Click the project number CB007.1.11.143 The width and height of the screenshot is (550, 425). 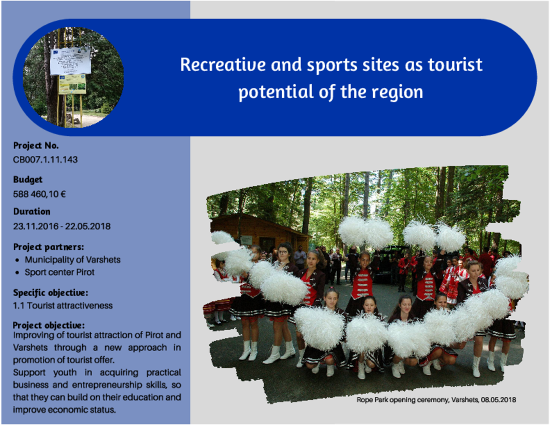(45, 160)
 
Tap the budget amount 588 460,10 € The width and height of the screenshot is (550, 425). (39, 194)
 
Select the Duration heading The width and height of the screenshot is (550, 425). (31, 211)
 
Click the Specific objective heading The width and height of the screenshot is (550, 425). (50, 293)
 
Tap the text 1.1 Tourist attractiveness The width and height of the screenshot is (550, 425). (63, 306)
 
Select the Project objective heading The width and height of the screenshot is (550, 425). (49, 325)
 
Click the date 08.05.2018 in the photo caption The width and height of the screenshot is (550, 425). (498, 400)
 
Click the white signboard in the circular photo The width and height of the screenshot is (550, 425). (70, 60)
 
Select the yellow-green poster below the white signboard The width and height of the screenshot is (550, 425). (72, 84)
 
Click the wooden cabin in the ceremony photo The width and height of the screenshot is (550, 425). (259, 231)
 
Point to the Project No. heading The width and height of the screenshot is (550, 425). (36, 145)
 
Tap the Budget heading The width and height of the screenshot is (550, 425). (27, 179)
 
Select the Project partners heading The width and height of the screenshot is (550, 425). (48, 247)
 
